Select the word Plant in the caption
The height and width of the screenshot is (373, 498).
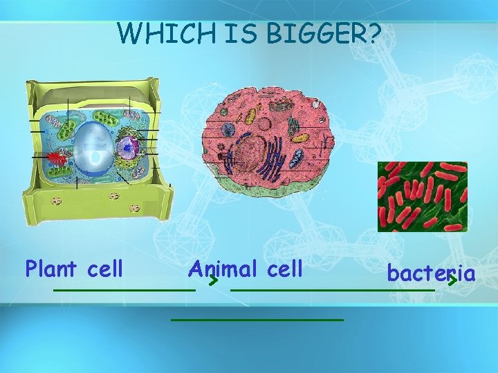pos(53,267)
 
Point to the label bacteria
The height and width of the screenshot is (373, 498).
pos(431,274)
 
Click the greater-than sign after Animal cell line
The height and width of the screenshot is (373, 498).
pos(214,281)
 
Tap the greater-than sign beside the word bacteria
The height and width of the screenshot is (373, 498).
pos(452,281)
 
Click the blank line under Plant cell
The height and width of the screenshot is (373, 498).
pos(124,290)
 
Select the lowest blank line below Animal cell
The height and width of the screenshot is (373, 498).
pos(257,320)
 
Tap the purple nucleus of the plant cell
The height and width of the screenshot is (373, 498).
pos(128,146)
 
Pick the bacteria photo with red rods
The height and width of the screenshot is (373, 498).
pos(422,196)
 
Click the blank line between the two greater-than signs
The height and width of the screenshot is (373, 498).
pos(332,290)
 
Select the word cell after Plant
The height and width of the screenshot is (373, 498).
pos(107,267)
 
